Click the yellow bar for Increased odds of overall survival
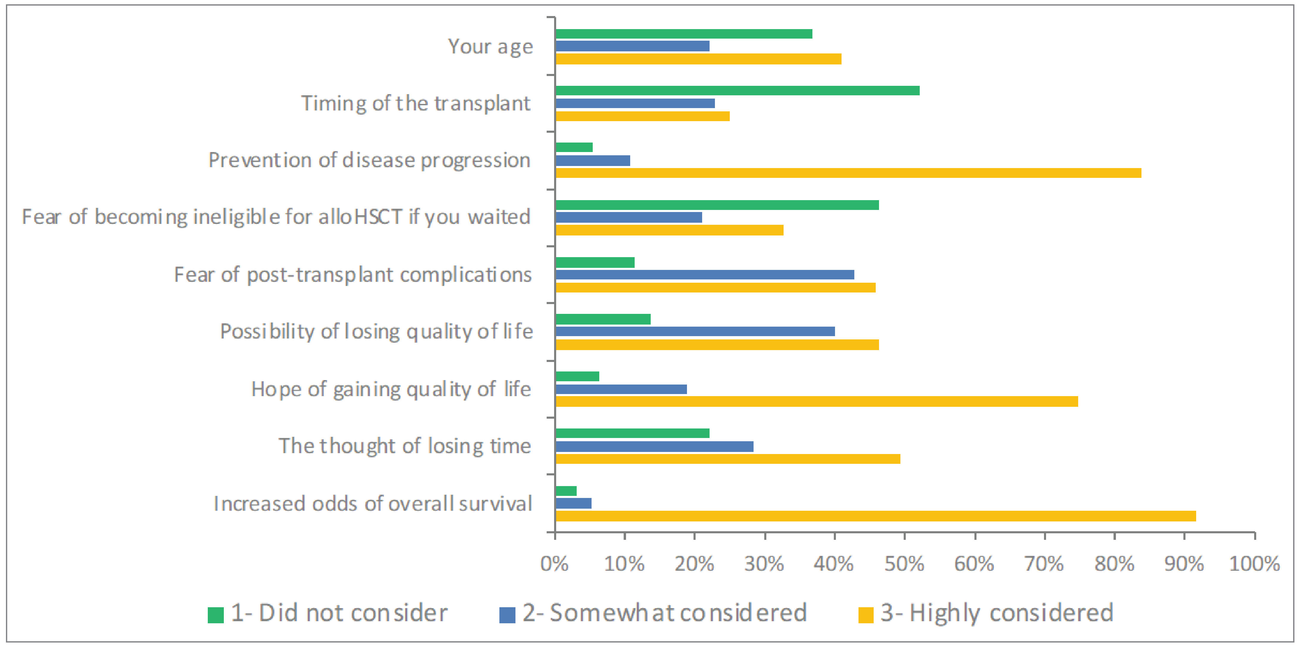(x=875, y=516)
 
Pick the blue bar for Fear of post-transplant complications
(x=705, y=275)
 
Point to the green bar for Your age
(x=683, y=34)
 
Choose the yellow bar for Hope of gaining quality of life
(x=816, y=401)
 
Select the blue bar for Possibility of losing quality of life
(x=695, y=332)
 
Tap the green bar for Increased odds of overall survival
(x=566, y=491)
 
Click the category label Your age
(x=490, y=46)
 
